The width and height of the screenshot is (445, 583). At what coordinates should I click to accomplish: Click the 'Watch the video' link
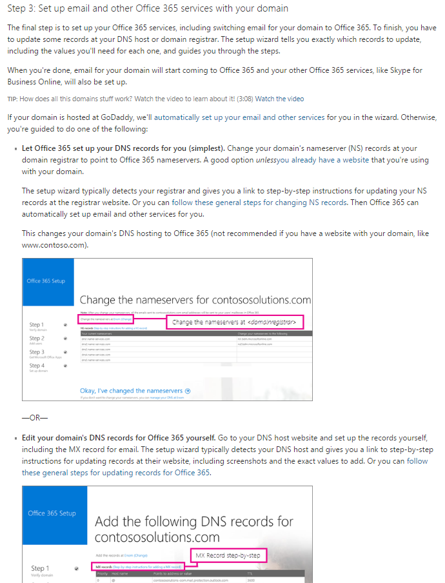279,99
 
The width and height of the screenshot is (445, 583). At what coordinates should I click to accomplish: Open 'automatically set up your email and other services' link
239,117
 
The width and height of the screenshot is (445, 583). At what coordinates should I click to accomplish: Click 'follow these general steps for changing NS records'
259,203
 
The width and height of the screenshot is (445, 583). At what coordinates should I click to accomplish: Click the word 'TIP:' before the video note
12,99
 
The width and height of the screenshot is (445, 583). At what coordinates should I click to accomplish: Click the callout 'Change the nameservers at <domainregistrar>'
235,322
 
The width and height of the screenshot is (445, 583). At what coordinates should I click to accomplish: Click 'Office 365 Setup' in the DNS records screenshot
52,513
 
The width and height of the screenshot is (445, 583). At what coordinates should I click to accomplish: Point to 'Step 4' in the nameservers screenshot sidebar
37,366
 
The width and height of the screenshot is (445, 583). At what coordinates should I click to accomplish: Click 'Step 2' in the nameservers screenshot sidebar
37,339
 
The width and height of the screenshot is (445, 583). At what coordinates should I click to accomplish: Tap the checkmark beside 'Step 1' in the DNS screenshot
77,569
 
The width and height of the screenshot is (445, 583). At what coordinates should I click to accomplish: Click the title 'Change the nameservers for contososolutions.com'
195,301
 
